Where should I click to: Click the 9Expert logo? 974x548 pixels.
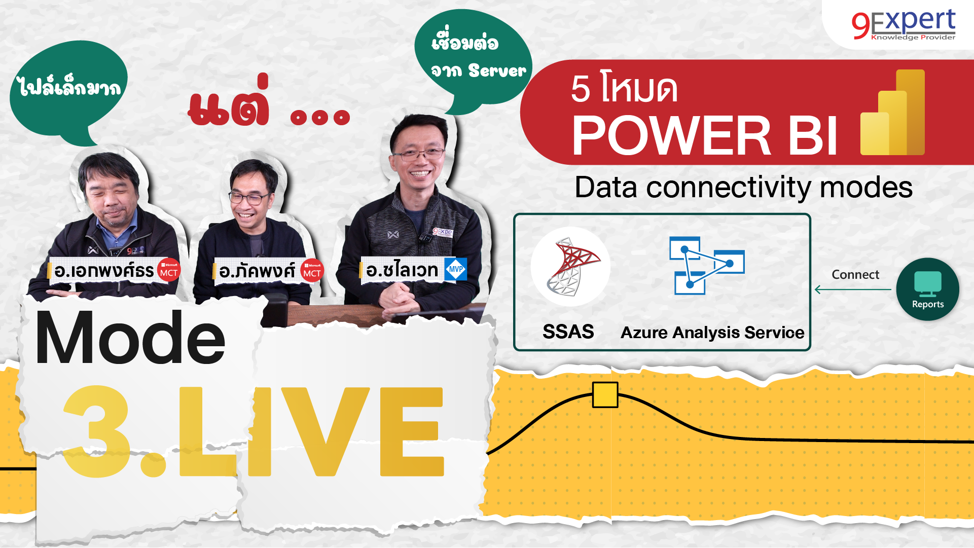[904, 24]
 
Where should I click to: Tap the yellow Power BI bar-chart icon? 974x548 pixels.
[892, 113]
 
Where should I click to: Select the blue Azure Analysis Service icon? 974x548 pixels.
[707, 265]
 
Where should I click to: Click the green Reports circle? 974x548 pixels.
[927, 289]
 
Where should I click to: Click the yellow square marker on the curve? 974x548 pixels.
[605, 395]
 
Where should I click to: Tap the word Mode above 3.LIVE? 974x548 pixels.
[130, 339]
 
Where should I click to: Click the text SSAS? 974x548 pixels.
[568, 332]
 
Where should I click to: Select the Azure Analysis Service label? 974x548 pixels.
[712, 333]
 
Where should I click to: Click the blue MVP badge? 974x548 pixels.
[455, 269]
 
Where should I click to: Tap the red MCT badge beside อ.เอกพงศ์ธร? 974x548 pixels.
[169, 270]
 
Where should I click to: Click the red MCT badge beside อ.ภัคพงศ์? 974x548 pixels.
[312, 271]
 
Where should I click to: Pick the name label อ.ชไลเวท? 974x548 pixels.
[402, 270]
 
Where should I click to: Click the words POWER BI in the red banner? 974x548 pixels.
[704, 135]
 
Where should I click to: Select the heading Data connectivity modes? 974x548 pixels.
[743, 188]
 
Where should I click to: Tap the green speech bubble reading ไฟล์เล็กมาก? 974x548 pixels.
[68, 89]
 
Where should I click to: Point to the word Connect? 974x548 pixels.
[855, 275]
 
